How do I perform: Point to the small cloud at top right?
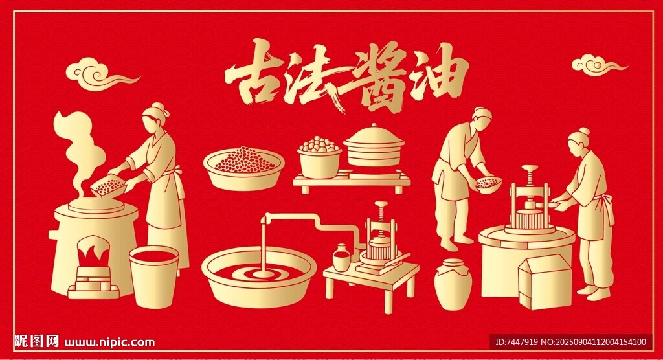coord(598,65)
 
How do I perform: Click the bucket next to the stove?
coord(154,277)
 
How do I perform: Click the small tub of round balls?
coord(319,157)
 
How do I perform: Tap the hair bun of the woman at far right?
coord(585,131)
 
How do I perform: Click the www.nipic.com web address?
coord(109,343)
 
